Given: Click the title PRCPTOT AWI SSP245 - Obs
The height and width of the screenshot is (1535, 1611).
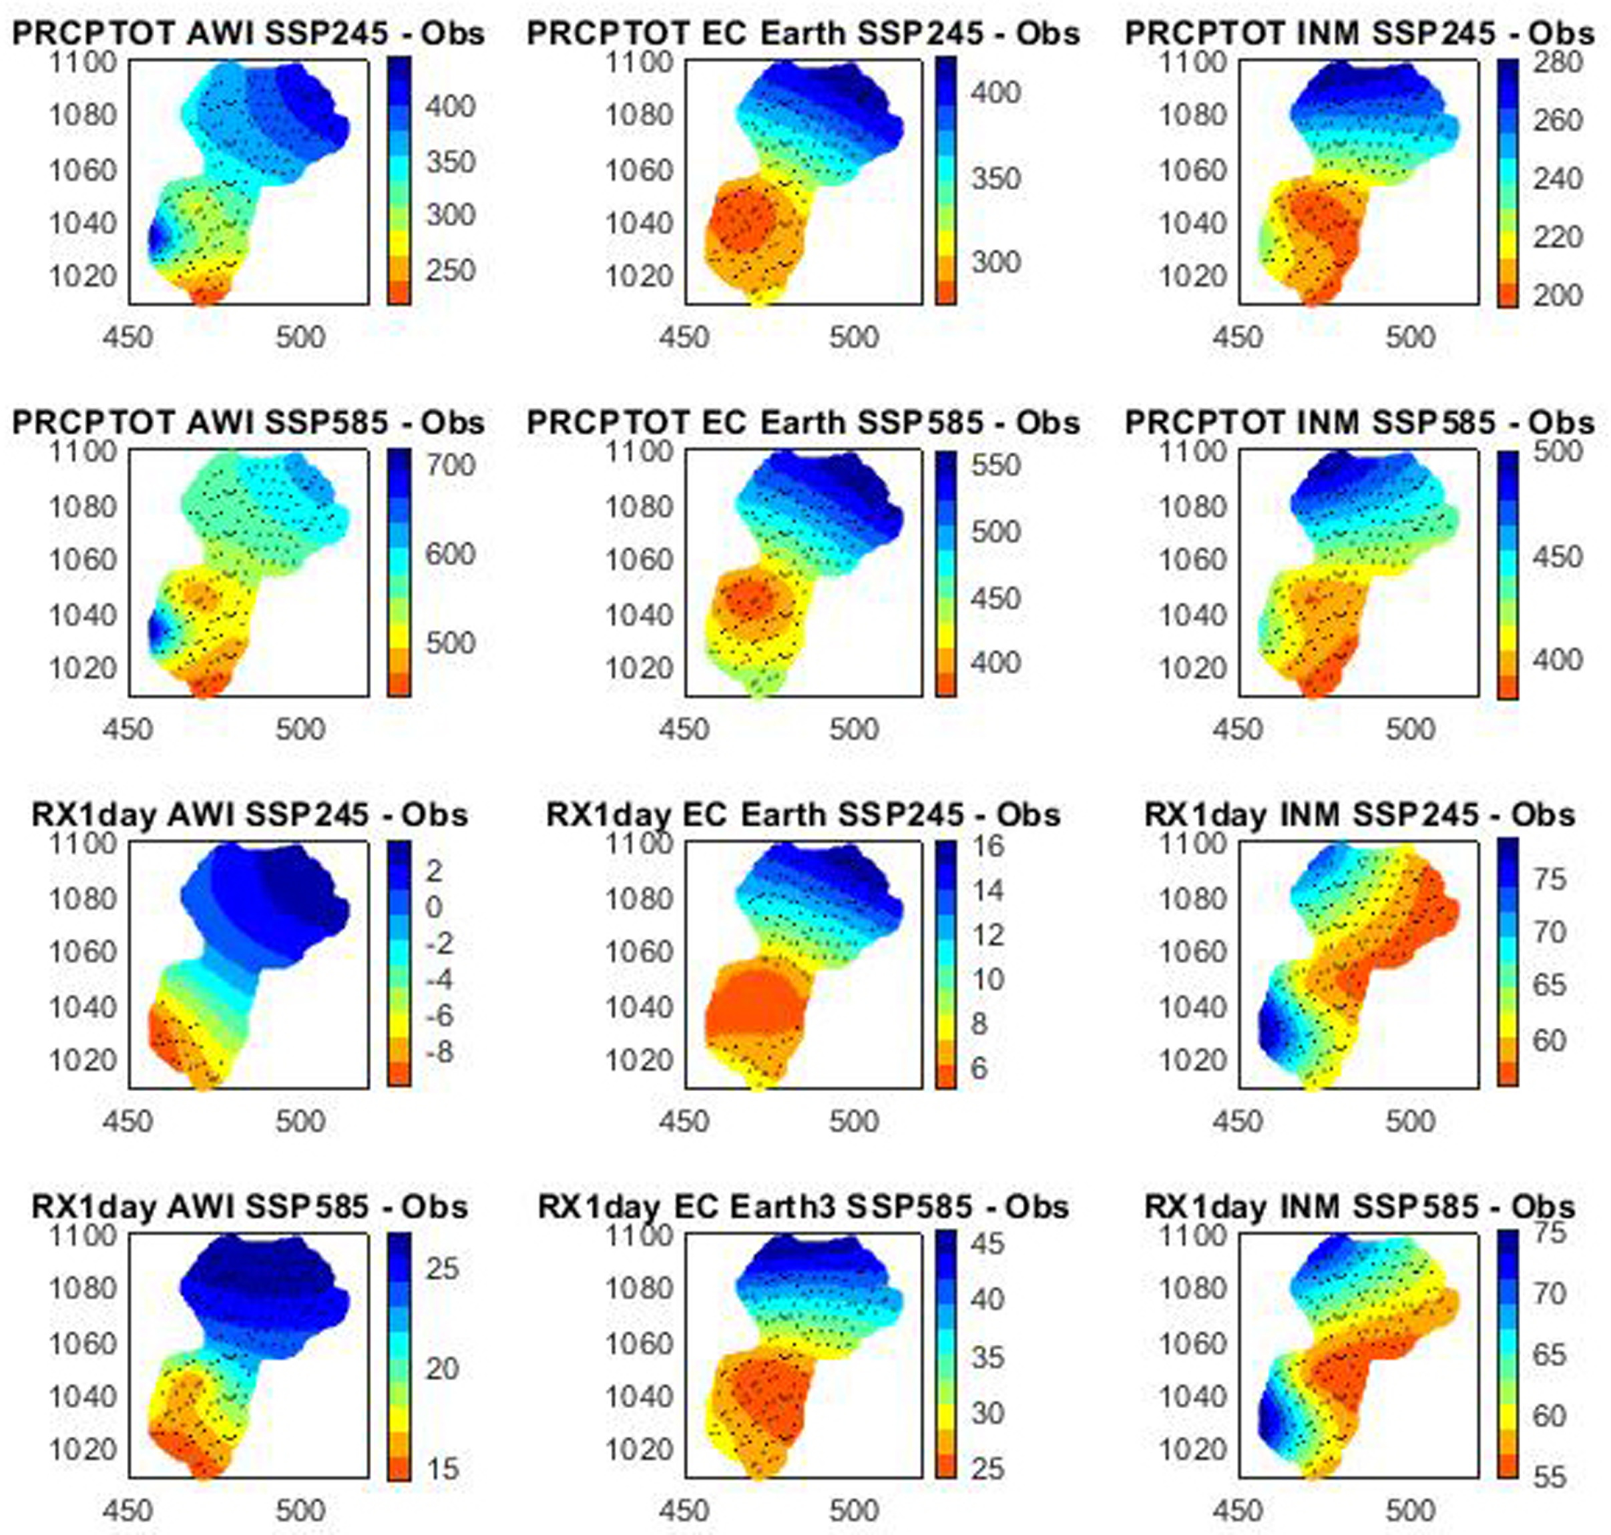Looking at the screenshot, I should point(249,33).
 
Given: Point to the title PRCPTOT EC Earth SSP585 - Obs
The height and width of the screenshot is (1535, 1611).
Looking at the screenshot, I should point(802,422).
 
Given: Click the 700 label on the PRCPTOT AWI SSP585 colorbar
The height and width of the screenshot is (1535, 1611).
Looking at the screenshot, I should point(450,466).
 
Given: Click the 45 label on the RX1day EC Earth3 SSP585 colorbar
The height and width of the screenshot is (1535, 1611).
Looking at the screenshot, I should point(989,1245).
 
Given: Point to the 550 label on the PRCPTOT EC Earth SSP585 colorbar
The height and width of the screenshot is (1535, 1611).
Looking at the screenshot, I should point(995,466).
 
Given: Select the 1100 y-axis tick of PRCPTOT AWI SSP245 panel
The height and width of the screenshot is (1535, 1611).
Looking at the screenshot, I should point(83,62).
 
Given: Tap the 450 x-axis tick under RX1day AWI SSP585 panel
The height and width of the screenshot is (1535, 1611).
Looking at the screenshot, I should point(129,1510).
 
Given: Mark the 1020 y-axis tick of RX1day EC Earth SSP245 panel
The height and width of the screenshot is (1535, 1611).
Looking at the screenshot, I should point(638,1060).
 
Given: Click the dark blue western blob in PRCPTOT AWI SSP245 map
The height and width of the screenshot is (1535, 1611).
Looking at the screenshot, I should point(159,238).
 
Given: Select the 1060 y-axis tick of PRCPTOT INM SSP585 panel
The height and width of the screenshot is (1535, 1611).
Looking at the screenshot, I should point(1192,561).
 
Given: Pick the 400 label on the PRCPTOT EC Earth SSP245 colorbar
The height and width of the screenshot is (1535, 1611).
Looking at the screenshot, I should point(995,91).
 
